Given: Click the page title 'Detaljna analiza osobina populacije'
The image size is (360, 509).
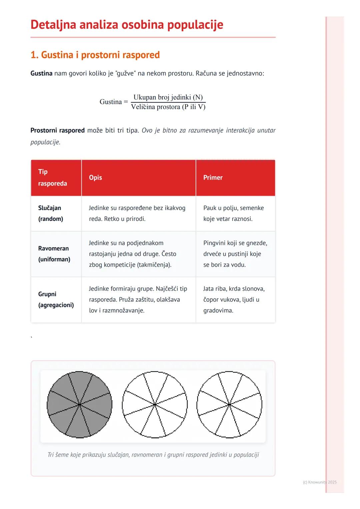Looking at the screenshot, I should coord(127,25).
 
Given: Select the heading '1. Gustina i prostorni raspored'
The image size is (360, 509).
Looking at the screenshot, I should coord(95,55).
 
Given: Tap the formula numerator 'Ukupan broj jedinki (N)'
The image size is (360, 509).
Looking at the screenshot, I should coord(168,97).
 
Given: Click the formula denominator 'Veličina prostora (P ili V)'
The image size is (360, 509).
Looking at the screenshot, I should coord(168,107).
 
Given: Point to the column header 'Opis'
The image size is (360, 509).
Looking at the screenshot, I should coord(95,178).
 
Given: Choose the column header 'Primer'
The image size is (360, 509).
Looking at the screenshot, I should coord(213,178).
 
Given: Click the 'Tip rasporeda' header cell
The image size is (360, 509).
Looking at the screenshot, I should coord(52,178).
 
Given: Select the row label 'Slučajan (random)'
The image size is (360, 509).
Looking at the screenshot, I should coord(51,213).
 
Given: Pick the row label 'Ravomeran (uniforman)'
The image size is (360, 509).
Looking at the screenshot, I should coord(54,254).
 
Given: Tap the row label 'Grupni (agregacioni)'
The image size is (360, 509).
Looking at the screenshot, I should coord(56,299).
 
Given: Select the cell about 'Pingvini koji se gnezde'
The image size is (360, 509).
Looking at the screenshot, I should coord(235,254).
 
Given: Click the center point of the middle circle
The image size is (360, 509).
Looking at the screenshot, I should coord(155,405).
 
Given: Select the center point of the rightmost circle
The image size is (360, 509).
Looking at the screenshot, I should coord(229,405).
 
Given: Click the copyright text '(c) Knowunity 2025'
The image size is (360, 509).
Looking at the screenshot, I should coord(320,482).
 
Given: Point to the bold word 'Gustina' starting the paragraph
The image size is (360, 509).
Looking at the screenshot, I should coord(41,73).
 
